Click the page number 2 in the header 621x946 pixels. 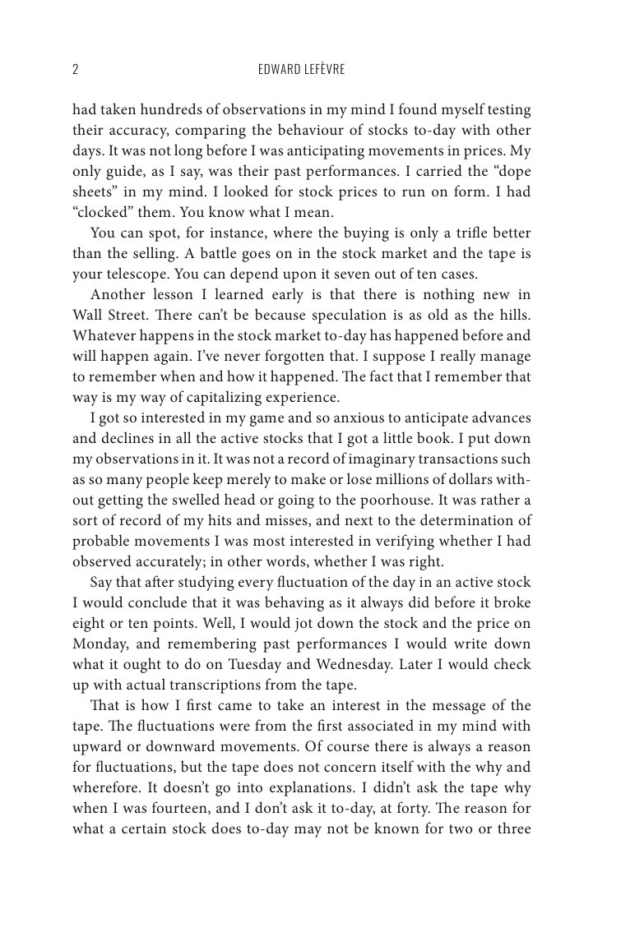point(76,70)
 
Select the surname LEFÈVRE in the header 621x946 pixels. point(324,70)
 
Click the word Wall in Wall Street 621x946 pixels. point(87,316)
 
